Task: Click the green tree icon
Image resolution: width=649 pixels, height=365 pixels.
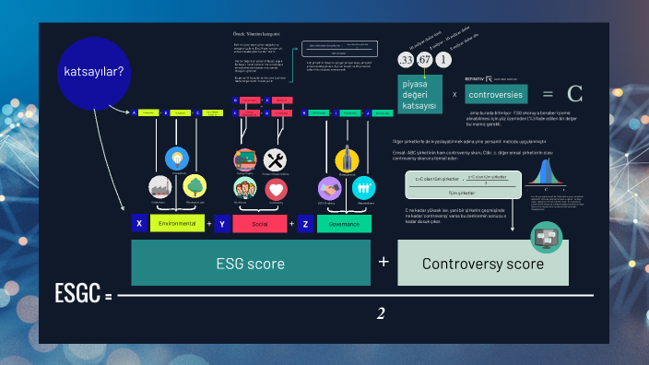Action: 195,187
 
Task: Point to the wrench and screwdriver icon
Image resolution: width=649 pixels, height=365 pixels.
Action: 276,159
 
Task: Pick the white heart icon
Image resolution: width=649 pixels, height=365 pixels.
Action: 276,189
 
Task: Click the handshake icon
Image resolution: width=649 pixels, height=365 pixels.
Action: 330,188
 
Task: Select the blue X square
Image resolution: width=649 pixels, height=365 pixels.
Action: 139,223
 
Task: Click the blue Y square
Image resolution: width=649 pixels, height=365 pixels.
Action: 221,223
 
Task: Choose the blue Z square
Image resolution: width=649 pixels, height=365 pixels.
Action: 305,223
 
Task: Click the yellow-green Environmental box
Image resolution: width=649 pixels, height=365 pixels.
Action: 177,223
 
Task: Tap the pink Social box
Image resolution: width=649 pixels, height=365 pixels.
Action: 259,223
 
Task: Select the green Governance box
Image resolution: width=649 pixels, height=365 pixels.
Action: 344,223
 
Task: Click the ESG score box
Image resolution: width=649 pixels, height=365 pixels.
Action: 250,264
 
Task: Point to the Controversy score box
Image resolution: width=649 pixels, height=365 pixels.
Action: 483,264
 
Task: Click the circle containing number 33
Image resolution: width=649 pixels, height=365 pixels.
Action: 406,61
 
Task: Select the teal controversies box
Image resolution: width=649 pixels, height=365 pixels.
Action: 496,94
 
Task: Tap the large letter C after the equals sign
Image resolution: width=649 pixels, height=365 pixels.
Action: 575,93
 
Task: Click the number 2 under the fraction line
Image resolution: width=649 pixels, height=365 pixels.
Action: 381,314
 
